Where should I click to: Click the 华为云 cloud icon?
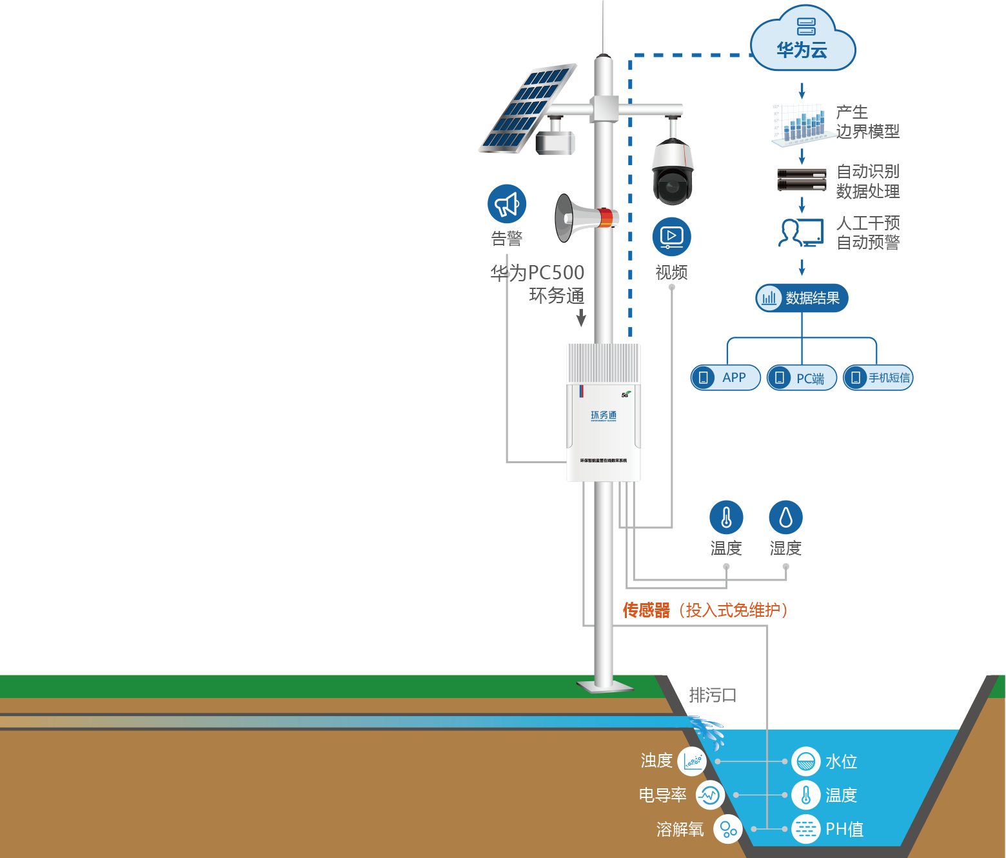[x=803, y=39]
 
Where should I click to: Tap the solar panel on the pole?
[x=528, y=108]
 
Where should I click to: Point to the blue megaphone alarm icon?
[x=507, y=205]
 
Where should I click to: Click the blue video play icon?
[x=671, y=237]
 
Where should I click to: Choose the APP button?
[x=725, y=377]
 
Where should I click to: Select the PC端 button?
[x=802, y=378]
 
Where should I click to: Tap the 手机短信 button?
[x=878, y=378]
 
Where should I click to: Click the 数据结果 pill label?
[x=802, y=298]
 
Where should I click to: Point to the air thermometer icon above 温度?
[x=726, y=517]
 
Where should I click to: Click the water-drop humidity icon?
[x=785, y=517]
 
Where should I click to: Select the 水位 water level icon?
[x=806, y=761]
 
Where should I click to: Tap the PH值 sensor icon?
[x=806, y=829]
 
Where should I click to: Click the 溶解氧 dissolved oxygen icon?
[x=728, y=829]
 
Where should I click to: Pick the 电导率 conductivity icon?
[x=710, y=795]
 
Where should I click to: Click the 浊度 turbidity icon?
[x=693, y=761]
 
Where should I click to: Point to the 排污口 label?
[x=713, y=695]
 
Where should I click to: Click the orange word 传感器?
[x=646, y=610]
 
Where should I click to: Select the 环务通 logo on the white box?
[x=604, y=415]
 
